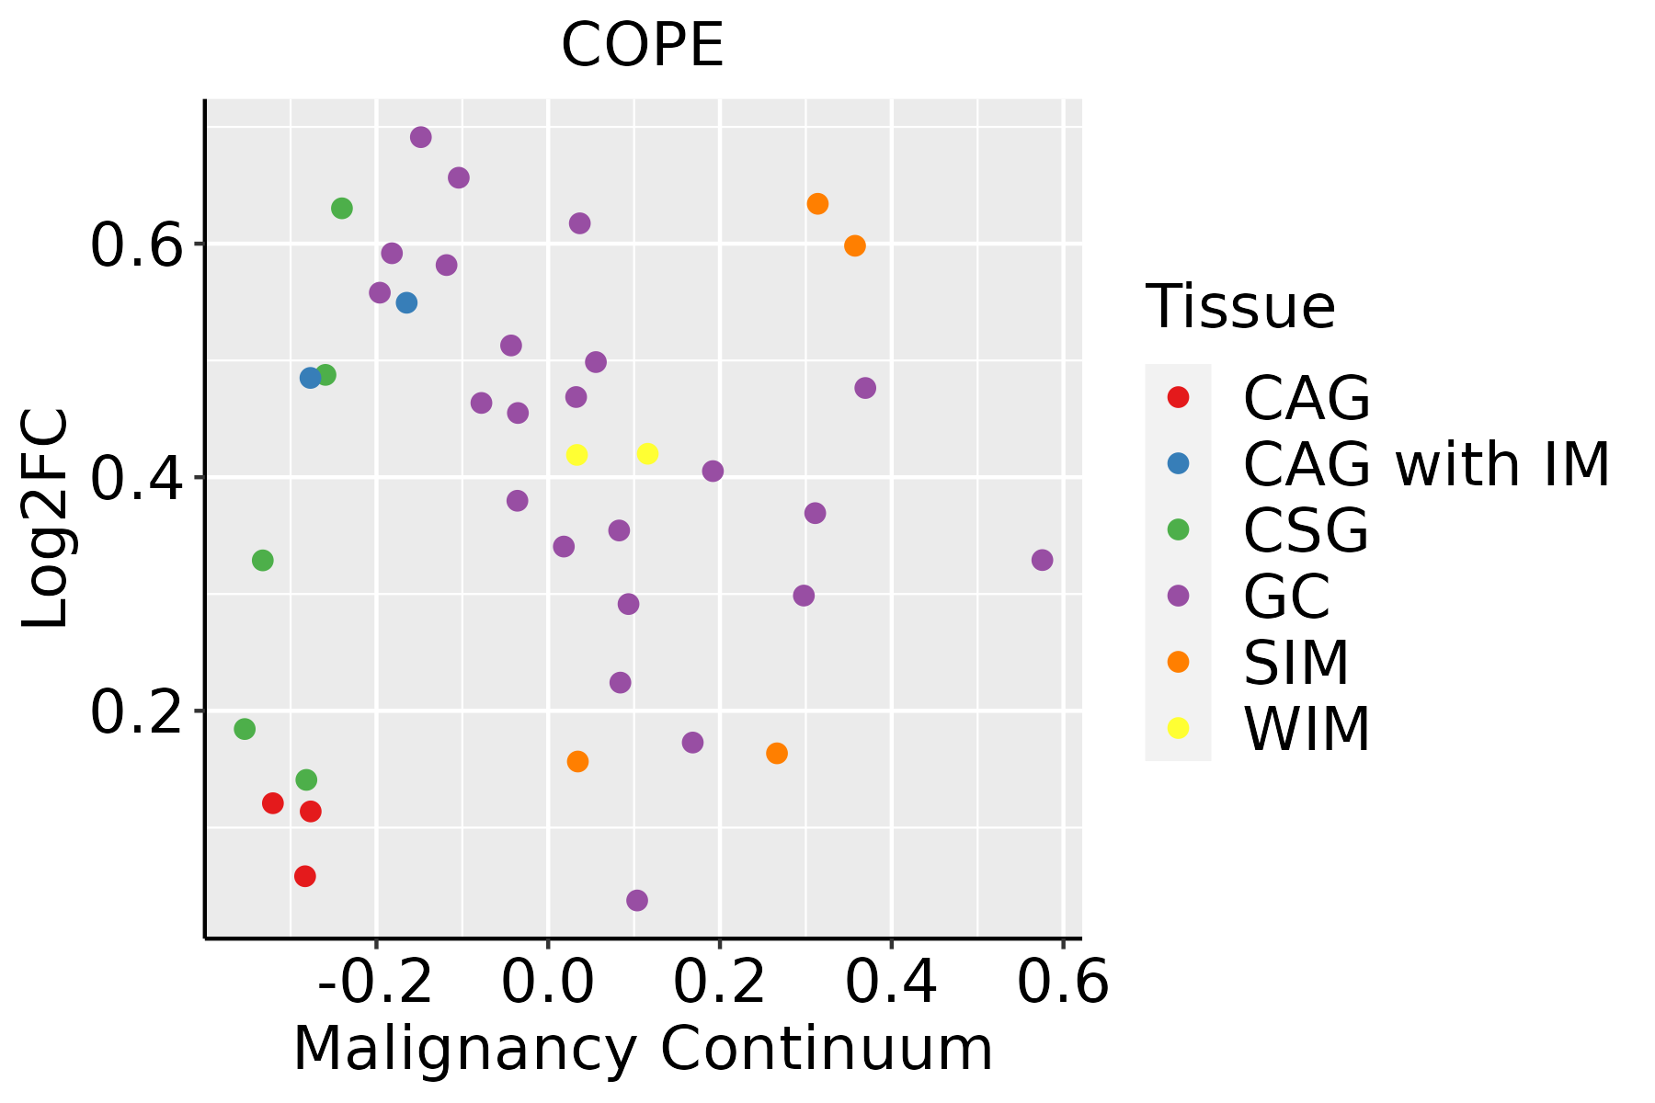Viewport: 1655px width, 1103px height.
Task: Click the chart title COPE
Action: click(643, 45)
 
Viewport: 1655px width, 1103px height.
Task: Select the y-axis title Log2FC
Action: click(46, 518)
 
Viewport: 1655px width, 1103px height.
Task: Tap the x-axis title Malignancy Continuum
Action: click(643, 1049)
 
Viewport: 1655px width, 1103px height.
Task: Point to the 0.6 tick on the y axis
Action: click(134, 245)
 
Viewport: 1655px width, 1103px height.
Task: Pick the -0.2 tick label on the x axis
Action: click(375, 983)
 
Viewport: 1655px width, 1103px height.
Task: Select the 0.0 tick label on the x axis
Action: click(548, 983)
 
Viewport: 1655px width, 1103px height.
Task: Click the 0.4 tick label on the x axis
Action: click(891, 983)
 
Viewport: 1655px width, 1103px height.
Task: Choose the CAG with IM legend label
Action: click(1426, 464)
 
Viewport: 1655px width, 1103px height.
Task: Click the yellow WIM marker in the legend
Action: click(1178, 728)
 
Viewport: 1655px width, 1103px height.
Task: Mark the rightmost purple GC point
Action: click(1042, 560)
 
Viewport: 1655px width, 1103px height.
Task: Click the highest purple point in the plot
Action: click(421, 138)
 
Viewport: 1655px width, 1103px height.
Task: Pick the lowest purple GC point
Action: click(637, 900)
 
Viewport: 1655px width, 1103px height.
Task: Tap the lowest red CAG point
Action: click(305, 876)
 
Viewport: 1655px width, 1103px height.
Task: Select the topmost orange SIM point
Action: click(817, 204)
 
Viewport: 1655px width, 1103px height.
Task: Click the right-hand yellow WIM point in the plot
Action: click(647, 454)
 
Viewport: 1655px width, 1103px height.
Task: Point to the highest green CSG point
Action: click(342, 209)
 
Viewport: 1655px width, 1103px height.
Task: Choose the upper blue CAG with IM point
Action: click(406, 302)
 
